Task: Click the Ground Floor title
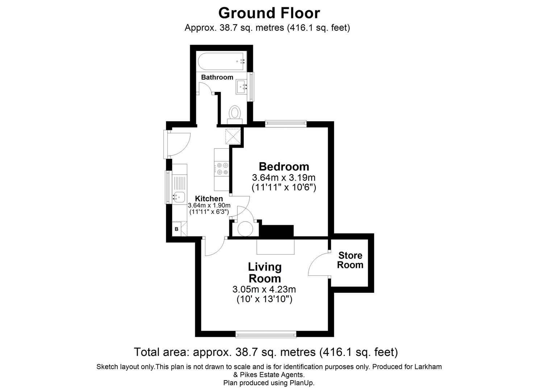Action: (x=269, y=13)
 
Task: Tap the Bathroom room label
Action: (x=217, y=77)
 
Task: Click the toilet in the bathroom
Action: (x=235, y=113)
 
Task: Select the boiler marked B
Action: (x=177, y=229)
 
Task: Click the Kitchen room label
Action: (x=209, y=199)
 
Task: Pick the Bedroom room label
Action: (x=284, y=167)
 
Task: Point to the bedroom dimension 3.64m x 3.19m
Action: (x=284, y=178)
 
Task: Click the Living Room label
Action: (x=264, y=273)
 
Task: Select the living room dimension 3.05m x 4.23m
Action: (x=264, y=290)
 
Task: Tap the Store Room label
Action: (x=350, y=260)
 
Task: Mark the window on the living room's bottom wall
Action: (x=266, y=334)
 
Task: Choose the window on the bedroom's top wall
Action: (x=286, y=123)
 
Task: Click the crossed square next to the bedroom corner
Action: (x=233, y=136)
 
